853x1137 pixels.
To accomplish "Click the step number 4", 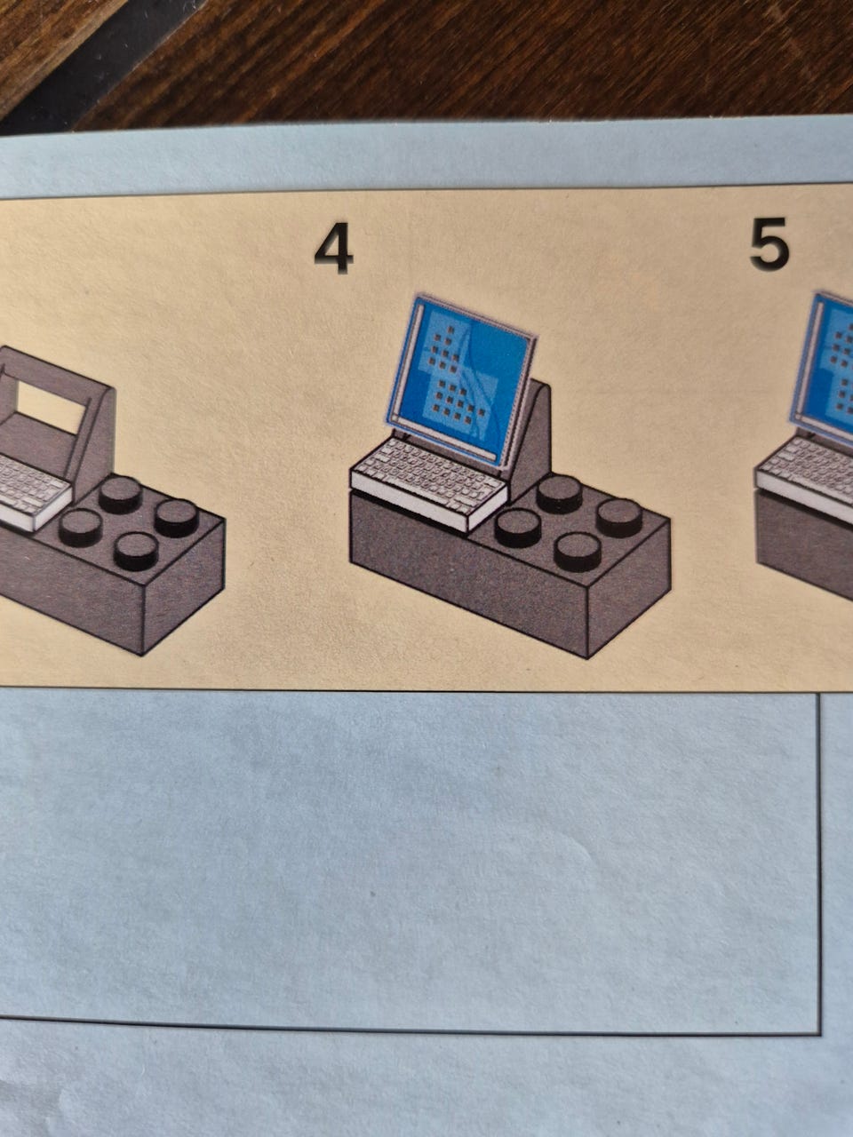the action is (334, 248).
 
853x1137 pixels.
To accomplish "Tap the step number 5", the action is (769, 244).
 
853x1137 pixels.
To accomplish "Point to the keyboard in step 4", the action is (429, 483).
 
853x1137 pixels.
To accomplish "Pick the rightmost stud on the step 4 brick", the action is (620, 517).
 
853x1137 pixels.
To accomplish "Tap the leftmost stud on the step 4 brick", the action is (518, 529).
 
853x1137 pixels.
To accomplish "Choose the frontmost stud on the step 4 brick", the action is (578, 551).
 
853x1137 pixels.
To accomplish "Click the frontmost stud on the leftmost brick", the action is (136, 550).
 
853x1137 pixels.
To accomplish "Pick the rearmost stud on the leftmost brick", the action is (120, 495).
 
